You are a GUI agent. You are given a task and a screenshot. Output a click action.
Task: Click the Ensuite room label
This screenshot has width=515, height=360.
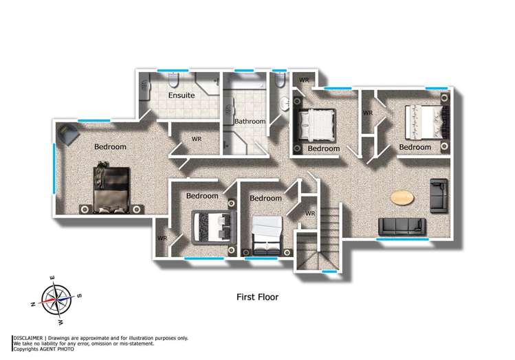tap(182, 95)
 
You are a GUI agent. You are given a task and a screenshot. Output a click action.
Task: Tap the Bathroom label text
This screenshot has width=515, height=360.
tap(249, 122)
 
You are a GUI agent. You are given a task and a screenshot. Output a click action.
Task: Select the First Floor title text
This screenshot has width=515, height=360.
tap(257, 297)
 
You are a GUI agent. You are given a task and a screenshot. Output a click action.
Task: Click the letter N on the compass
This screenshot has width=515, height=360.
tap(33, 303)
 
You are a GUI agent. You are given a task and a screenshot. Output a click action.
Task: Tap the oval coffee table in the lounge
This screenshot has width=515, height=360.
tap(402, 198)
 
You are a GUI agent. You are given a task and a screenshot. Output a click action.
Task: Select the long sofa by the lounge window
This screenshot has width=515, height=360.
tap(402, 226)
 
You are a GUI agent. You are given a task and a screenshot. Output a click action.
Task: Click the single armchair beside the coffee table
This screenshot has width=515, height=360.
tap(438, 196)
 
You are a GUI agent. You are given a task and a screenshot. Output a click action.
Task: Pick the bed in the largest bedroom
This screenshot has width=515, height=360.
tap(111, 187)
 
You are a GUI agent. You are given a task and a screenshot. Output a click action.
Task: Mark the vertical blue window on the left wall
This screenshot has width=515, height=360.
tap(55, 168)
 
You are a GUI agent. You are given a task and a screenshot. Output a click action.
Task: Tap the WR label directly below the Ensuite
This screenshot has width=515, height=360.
tap(196, 139)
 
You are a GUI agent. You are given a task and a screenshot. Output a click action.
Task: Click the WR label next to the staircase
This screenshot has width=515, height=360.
tap(309, 214)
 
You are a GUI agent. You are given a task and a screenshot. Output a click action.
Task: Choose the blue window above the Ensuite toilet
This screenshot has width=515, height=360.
tap(168, 70)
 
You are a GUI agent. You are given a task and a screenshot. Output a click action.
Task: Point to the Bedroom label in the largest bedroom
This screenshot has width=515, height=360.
tap(110, 147)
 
